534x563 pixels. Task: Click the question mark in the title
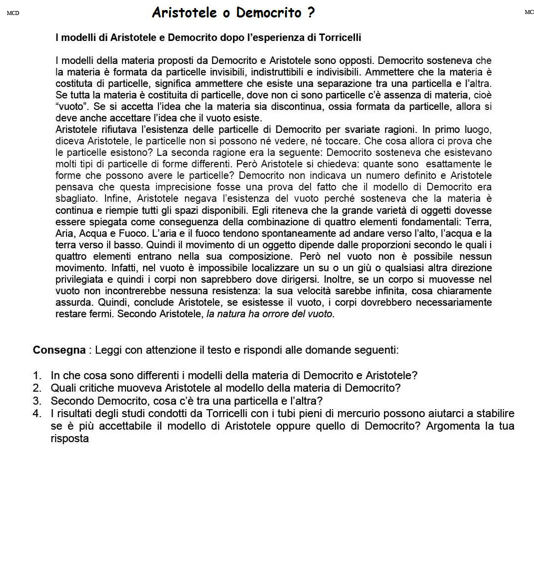[x=311, y=12]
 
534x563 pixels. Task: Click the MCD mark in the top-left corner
[x=13, y=13]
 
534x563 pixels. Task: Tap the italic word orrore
[x=264, y=314]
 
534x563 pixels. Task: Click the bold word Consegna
[x=59, y=350]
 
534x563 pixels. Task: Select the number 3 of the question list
[x=36, y=401]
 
